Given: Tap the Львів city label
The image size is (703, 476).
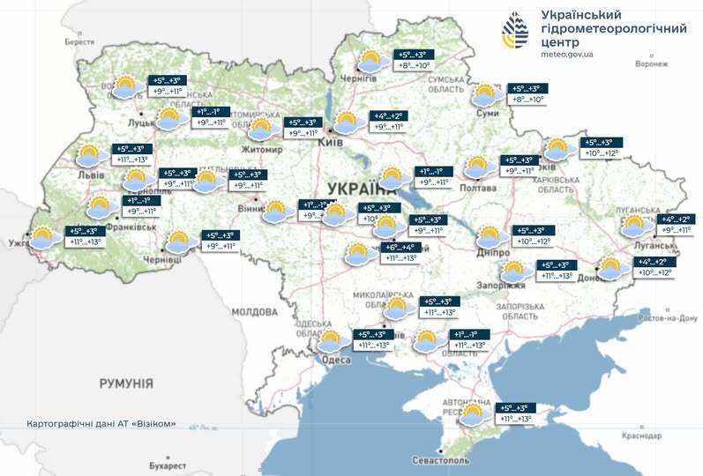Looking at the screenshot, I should [x=91, y=176].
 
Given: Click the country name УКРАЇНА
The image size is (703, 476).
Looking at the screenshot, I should [x=362, y=189].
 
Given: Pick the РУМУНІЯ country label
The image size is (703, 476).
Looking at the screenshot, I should [x=126, y=383].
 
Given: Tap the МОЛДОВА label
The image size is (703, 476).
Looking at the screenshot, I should [x=254, y=312].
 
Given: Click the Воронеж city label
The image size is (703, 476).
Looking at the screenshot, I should [x=651, y=64].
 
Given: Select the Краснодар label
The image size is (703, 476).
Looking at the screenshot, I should [x=640, y=435].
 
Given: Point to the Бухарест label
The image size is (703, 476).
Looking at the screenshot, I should [x=168, y=465].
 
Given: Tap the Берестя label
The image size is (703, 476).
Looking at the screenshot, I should [x=79, y=41].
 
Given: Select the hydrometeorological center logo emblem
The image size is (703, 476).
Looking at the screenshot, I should [x=515, y=31].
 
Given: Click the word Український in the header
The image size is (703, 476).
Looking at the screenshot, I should [x=581, y=15].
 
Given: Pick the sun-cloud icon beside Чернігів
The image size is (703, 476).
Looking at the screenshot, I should [x=370, y=61].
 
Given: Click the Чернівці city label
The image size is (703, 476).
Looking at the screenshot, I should [x=161, y=261].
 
